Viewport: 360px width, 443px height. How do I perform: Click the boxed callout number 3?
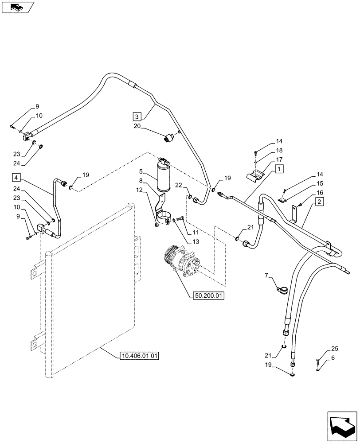tap(137, 117)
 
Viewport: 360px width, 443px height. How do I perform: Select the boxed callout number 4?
tap(16, 178)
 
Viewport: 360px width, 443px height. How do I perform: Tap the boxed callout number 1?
tap(278, 169)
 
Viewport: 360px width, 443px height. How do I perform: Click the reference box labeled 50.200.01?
tap(209, 296)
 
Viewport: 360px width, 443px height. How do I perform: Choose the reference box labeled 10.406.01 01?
tap(139, 355)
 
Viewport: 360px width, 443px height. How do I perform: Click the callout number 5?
tap(141, 171)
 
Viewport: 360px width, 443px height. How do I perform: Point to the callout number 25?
tap(334, 349)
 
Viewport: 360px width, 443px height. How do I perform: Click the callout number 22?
tap(178, 185)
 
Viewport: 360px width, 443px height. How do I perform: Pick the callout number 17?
tap(279, 159)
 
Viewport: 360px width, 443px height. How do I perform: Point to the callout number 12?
tap(140, 190)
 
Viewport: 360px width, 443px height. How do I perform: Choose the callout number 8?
tap(141, 181)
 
